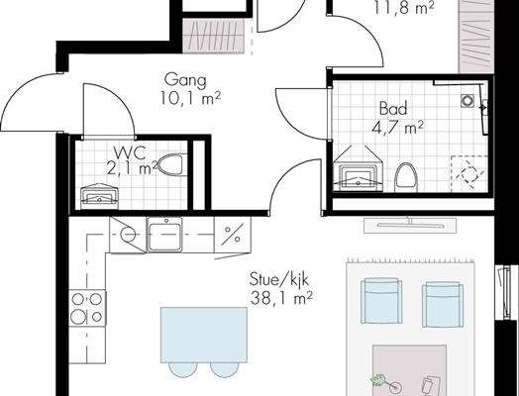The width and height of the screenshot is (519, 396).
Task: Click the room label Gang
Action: [x=185, y=81]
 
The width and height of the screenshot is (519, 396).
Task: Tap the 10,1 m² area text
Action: [x=190, y=98]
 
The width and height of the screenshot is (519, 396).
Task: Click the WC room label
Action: [x=130, y=152]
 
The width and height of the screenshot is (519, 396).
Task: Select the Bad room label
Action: [x=393, y=109]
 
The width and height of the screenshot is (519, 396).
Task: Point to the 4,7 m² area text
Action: [x=397, y=128]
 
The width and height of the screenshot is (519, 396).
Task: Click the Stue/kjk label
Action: [x=279, y=280]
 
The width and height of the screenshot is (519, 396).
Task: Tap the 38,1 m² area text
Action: [x=281, y=298]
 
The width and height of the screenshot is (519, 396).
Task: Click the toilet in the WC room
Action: [x=170, y=164]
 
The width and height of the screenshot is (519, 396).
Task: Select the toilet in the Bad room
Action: [x=406, y=177]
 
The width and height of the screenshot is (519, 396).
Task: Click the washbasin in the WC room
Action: [x=100, y=196]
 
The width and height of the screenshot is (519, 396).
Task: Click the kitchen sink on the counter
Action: [x=164, y=235]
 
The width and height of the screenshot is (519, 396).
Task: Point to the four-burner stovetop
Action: [x=87, y=308]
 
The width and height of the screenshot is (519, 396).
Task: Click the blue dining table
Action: [x=204, y=335]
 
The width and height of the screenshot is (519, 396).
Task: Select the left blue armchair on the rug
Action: [x=381, y=300]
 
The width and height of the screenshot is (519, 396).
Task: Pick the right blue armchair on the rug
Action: [x=443, y=304]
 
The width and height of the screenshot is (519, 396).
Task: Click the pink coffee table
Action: [x=409, y=370]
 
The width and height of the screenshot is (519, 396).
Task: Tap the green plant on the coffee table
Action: [x=378, y=380]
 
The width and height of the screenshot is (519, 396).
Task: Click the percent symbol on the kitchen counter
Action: [x=233, y=235]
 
